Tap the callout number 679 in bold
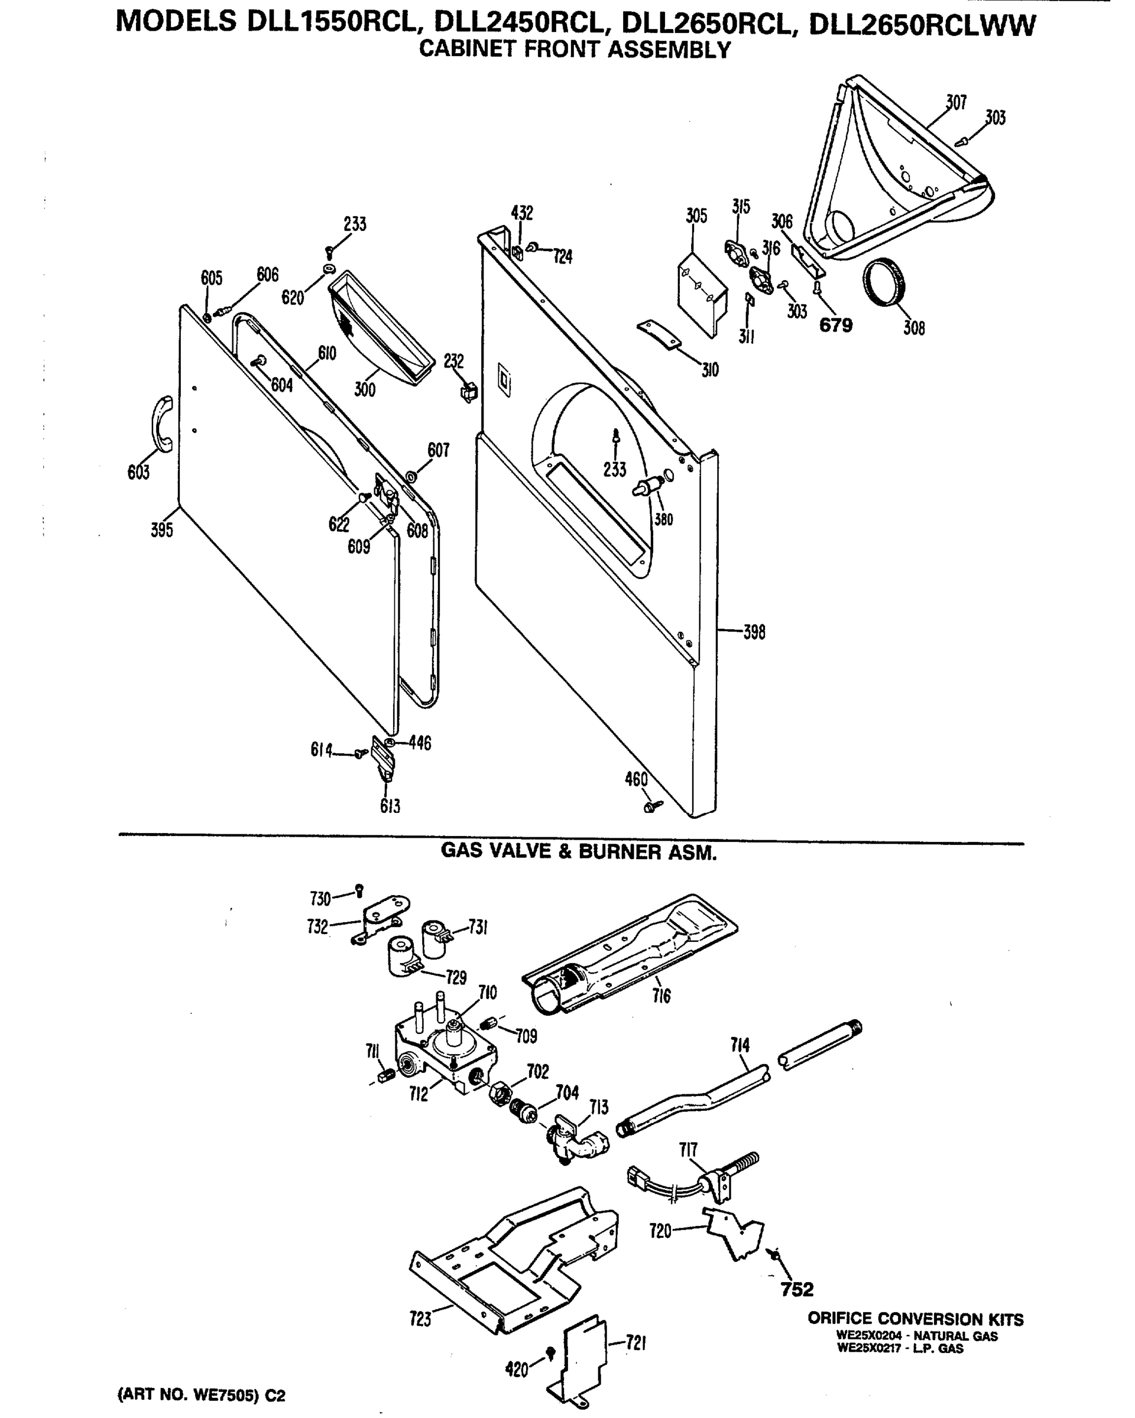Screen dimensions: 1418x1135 tap(836, 326)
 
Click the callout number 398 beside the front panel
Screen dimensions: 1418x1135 tap(754, 633)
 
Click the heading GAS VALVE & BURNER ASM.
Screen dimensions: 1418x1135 tap(578, 853)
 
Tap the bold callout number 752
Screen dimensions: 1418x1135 tap(797, 1289)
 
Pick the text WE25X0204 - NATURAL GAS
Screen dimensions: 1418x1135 tap(916, 1336)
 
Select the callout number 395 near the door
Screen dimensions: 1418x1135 tap(162, 530)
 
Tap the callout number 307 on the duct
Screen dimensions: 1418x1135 tap(956, 103)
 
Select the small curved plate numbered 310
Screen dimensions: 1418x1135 tap(660, 336)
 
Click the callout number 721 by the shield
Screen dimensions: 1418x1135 tap(635, 1343)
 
